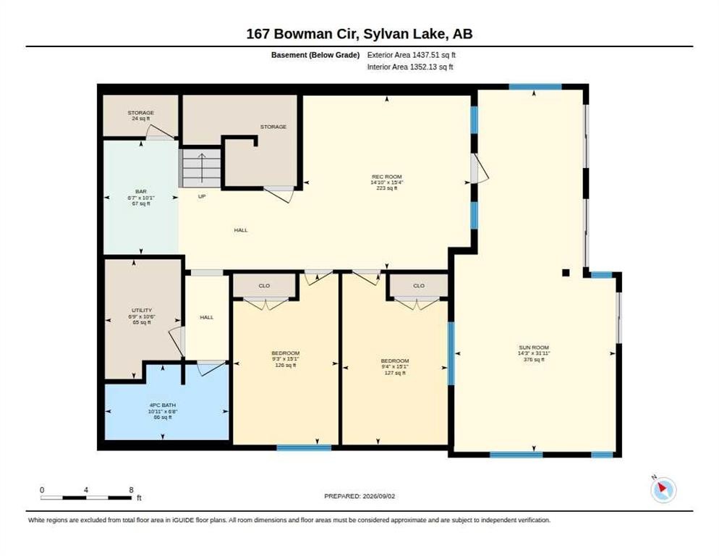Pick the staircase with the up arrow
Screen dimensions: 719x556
201,167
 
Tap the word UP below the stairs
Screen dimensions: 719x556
202,196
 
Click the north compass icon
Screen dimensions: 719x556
663,489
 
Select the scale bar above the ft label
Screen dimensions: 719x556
86,497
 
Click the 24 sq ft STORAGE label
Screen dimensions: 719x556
141,115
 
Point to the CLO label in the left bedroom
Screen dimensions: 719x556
264,285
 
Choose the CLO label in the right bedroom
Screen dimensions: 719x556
419,285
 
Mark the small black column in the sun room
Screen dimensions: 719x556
566,273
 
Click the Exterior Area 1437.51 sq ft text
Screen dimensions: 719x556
412,55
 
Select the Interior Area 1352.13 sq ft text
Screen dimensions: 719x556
410,67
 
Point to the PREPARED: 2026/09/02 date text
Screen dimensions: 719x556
359,497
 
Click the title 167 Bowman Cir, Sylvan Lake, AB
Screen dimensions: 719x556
359,34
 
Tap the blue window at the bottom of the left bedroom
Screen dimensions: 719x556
304,447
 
